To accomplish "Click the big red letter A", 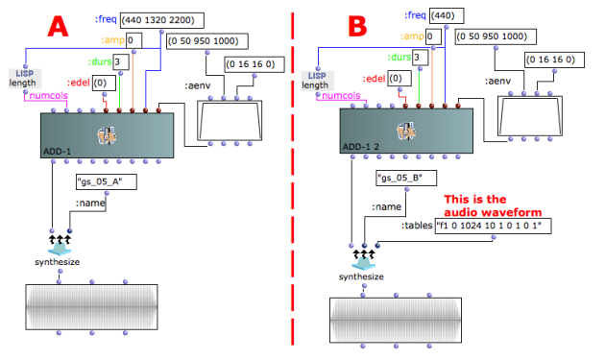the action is (58, 27).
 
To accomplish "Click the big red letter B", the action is (357, 26).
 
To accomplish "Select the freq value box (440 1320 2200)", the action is (162, 20).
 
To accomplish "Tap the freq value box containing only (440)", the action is (447, 15).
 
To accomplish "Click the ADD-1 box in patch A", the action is (107, 135).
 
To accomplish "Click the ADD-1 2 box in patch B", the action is (406, 131).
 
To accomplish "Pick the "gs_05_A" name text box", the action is (107, 181).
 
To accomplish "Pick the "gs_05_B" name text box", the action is (406, 178).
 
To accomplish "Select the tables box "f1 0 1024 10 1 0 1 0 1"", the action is (493, 226).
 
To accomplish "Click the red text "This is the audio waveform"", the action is (493, 205).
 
